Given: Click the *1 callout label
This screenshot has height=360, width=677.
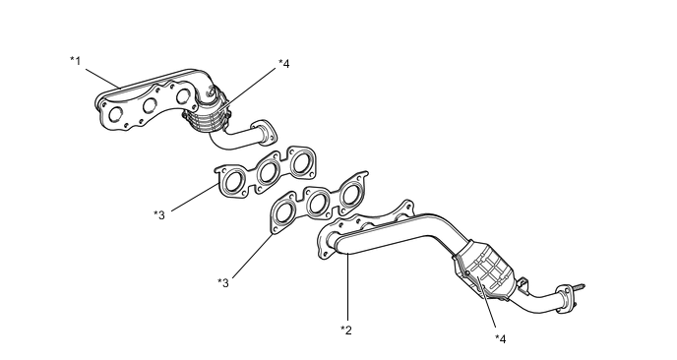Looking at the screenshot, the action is [76, 60].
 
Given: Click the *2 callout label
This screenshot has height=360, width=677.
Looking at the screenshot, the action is [346, 330].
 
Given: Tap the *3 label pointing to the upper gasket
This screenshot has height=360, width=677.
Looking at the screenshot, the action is [159, 214].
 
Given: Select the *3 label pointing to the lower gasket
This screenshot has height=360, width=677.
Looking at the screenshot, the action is [223, 282].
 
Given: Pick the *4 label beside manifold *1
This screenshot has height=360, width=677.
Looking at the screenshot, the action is [284, 64].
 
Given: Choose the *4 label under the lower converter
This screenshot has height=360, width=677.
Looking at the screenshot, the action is [501, 338].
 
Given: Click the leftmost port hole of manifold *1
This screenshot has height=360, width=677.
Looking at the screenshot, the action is [116, 114].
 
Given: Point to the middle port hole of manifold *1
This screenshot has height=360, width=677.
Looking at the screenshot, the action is [150, 105].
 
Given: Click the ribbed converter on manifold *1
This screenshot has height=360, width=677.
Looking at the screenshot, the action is [207, 116].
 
